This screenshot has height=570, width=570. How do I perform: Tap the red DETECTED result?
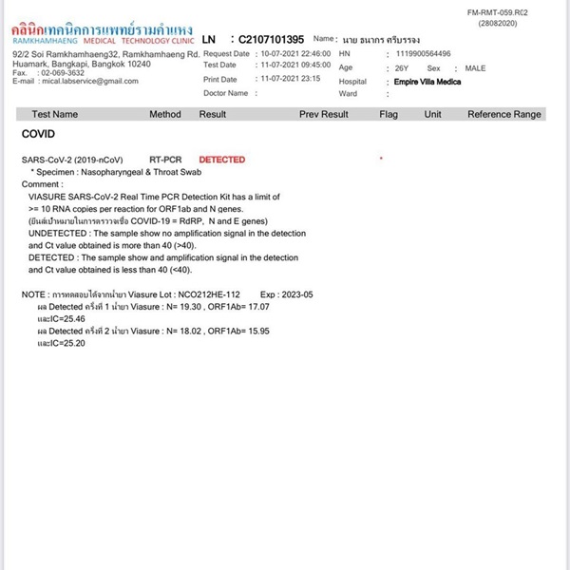tap(221, 160)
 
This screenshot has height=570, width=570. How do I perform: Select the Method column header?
tap(165, 114)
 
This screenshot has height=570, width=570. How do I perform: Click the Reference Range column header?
tap(503, 114)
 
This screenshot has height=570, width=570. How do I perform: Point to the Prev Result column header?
tap(323, 114)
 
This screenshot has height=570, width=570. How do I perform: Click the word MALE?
tap(475, 68)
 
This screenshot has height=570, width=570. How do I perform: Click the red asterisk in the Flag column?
tap(381, 158)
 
